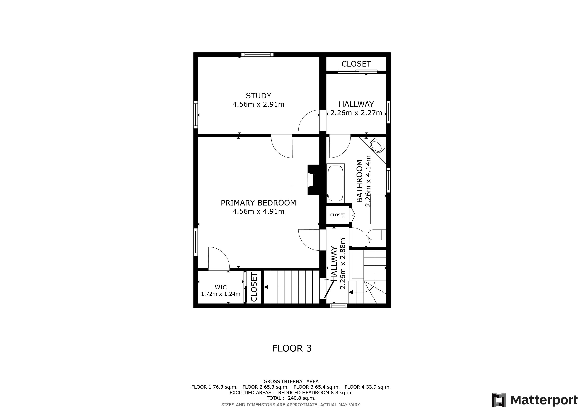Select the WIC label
click(221, 287)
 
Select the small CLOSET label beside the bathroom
click(338, 215)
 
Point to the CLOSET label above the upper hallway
click(356, 64)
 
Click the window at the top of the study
click(257, 54)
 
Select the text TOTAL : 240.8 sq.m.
click(291, 398)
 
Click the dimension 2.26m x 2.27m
click(356, 113)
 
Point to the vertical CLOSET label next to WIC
click(254, 287)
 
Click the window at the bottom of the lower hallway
click(338, 306)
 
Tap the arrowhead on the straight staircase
click(266, 287)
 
